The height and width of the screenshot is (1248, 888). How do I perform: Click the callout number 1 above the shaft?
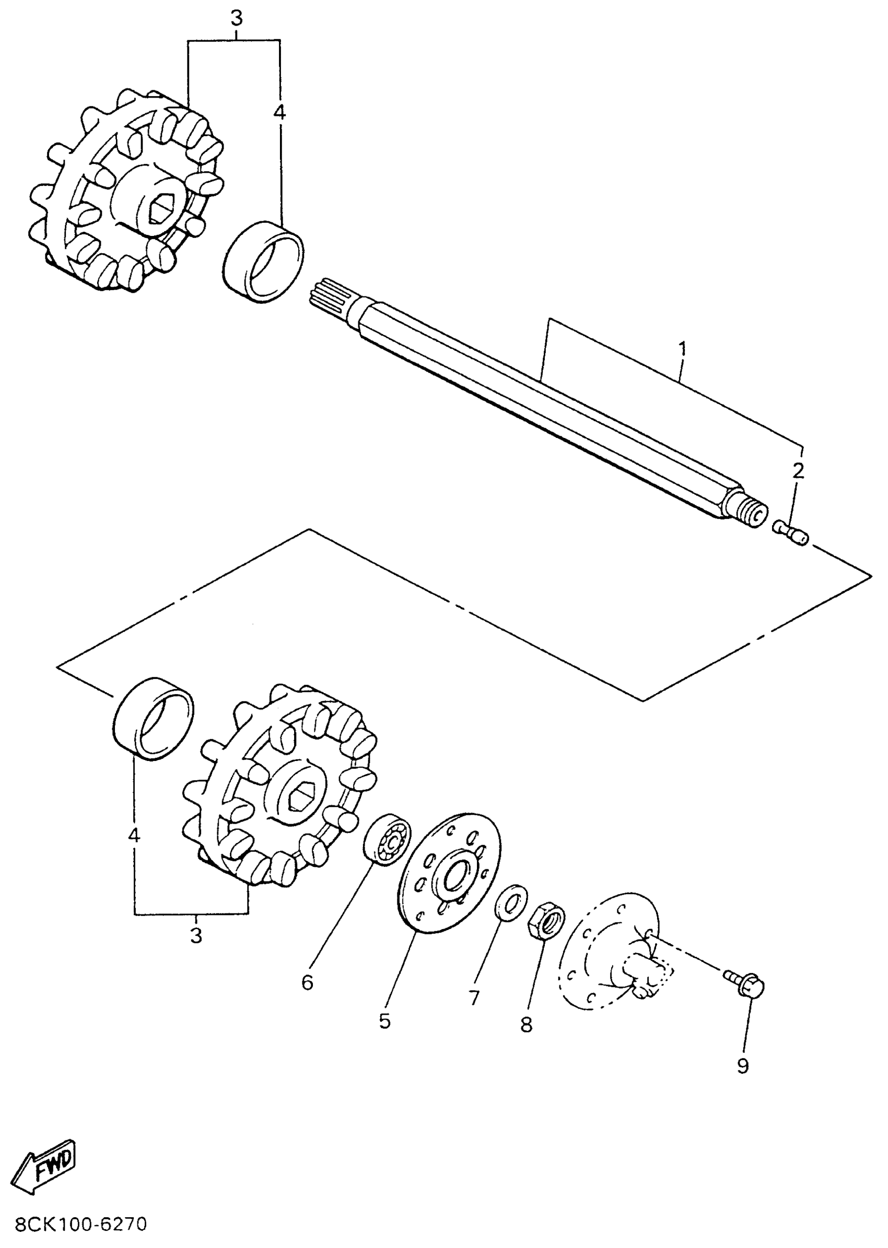click(x=682, y=348)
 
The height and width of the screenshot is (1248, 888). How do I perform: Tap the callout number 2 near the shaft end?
click(x=798, y=470)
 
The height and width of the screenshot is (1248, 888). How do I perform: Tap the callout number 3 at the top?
click(x=236, y=19)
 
